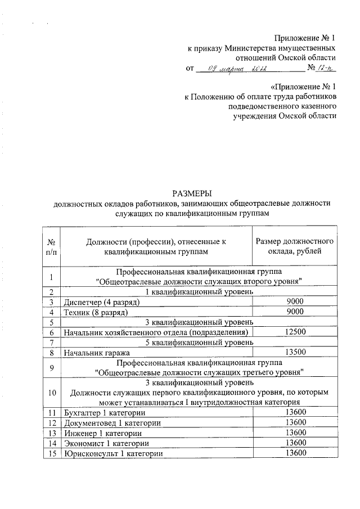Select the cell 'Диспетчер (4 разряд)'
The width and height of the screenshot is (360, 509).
click(x=102, y=301)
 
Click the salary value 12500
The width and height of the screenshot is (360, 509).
click(x=295, y=332)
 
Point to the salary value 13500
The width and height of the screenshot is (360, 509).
click(x=295, y=353)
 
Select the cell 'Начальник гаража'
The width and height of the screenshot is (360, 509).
click(x=97, y=353)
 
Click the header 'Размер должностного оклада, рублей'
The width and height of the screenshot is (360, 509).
click(x=295, y=246)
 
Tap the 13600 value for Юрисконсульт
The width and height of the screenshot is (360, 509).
click(x=295, y=453)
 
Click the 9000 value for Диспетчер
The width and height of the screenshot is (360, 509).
click(x=295, y=301)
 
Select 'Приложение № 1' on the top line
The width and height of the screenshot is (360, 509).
click(x=305, y=38)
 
